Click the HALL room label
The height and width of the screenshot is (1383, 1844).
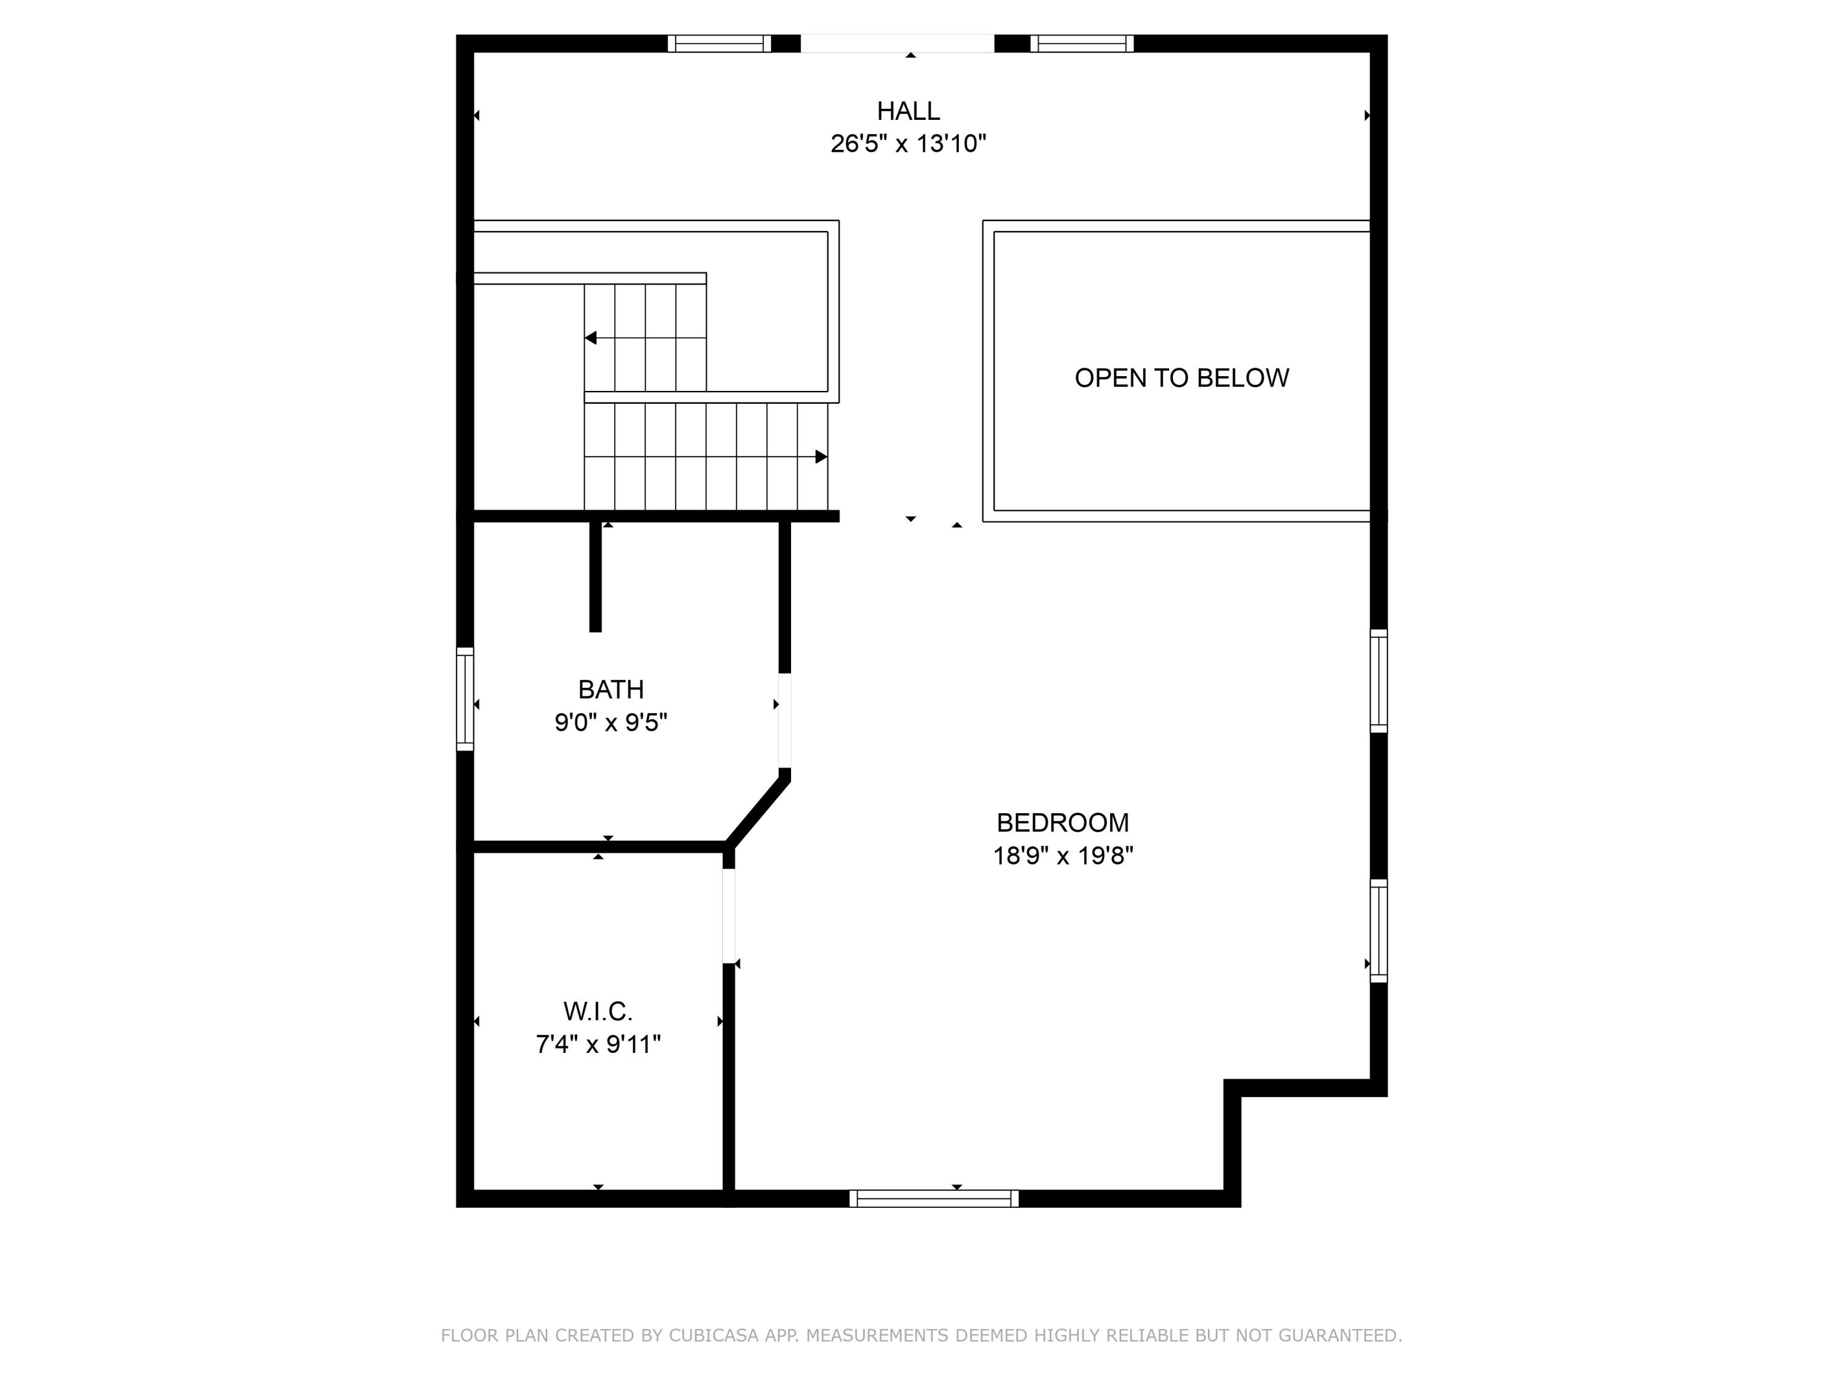pos(908,111)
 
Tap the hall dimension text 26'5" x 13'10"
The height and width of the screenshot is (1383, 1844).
pos(908,144)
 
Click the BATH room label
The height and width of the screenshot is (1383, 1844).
pos(611,690)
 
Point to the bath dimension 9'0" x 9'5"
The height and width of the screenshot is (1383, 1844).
pos(611,722)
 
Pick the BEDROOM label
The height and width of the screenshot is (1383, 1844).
pos(1063,823)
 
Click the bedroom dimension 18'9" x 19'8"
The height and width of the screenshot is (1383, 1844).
pos(1063,856)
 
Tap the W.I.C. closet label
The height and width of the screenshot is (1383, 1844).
pos(597,1011)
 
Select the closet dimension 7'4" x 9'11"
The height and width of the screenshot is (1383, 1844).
pos(597,1044)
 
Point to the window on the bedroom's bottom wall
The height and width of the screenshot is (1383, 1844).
pos(934,1199)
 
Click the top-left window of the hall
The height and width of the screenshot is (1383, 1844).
pos(719,44)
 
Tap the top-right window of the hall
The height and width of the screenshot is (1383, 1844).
pos(1081,44)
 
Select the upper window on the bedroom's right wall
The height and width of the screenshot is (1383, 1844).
pos(1379,681)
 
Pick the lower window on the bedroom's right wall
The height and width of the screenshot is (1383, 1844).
pos(1379,931)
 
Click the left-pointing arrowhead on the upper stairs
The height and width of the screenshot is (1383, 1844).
pos(591,337)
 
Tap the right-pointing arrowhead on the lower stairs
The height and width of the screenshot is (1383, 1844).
pos(821,457)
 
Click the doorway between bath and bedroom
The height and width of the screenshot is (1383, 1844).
pos(784,720)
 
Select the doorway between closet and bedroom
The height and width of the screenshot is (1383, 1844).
pos(728,915)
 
